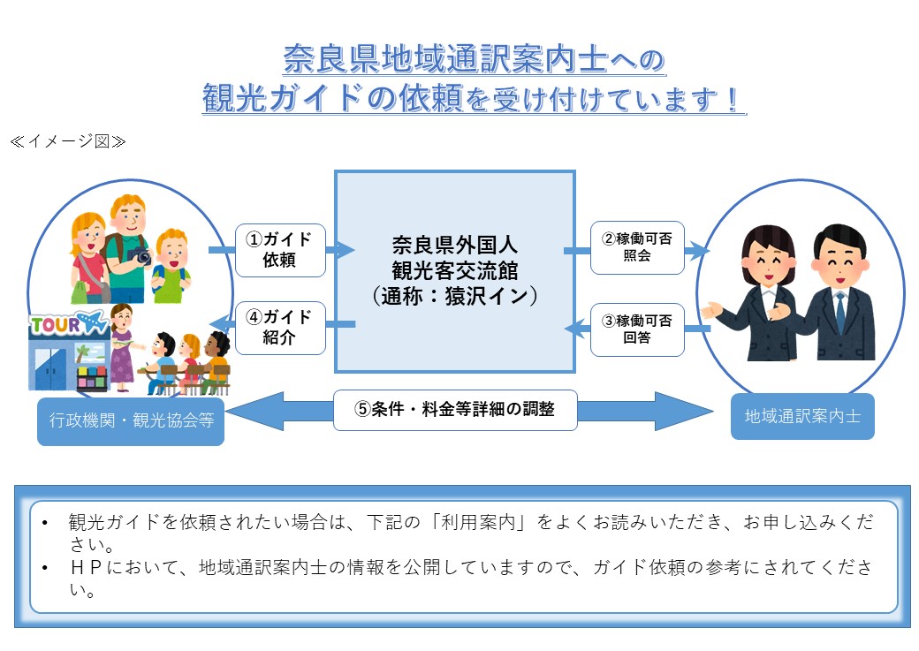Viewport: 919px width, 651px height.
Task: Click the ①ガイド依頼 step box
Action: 280,250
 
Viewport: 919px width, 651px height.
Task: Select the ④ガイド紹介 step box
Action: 280,328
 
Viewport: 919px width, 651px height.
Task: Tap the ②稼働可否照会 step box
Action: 637,246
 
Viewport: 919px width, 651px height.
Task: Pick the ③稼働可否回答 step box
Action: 637,329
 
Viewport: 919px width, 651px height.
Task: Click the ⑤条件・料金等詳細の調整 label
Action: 455,410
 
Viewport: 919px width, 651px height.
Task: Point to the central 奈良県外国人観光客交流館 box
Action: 454,271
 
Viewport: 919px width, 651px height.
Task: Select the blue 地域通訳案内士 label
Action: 802,416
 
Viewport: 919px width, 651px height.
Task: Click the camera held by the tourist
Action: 140,256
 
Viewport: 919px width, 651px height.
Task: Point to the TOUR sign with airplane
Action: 67,324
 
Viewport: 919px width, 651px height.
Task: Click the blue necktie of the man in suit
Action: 839,310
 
